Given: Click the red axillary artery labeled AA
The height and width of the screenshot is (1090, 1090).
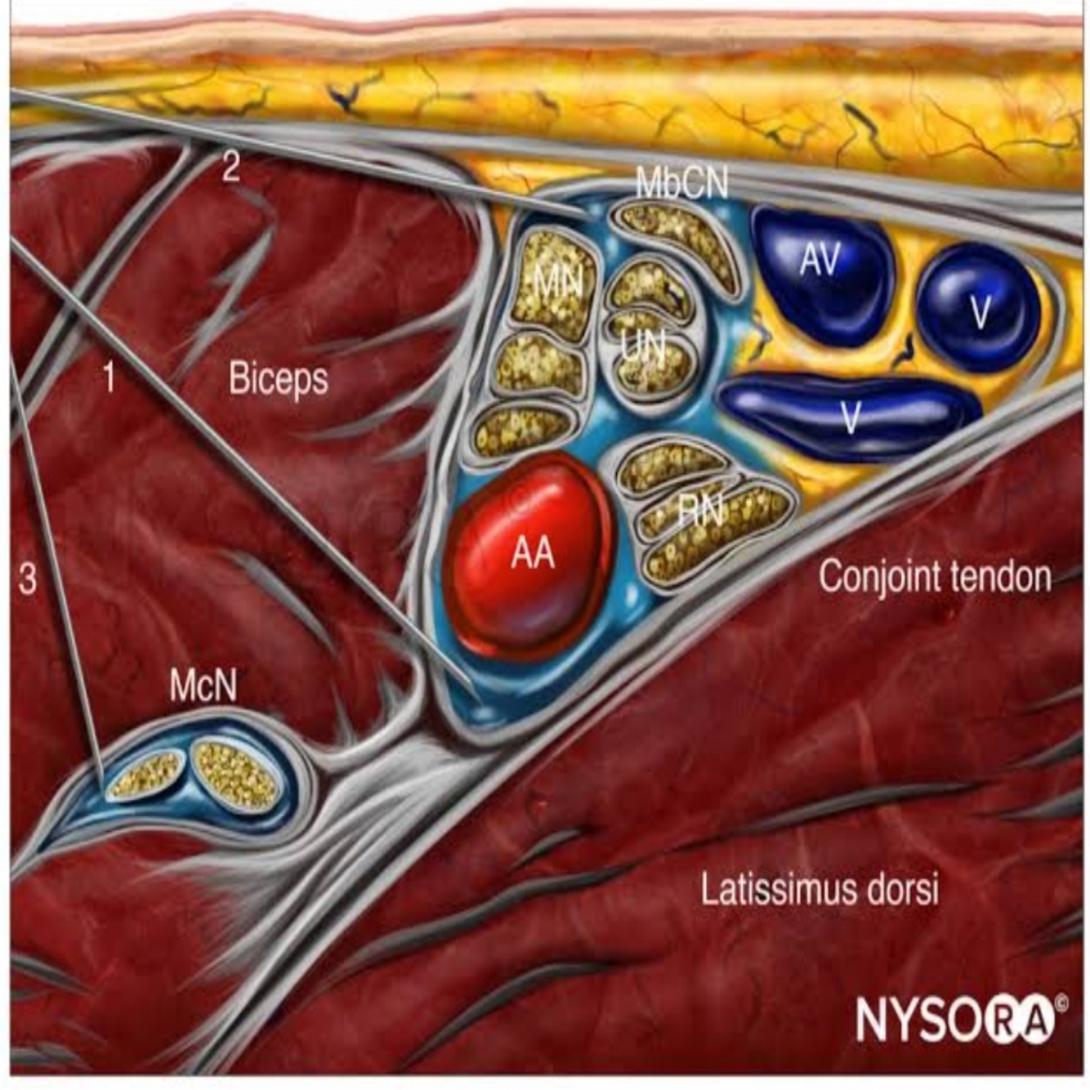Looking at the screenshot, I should [531, 556].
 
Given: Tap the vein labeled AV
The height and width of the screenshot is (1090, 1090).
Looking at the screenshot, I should [820, 261].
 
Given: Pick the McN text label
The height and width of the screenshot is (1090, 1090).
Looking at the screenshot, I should [203, 685].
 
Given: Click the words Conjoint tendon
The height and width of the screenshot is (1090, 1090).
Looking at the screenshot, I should [935, 577].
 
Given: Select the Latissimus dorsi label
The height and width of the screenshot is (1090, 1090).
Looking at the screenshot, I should [820, 888].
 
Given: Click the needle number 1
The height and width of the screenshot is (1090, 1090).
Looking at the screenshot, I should [109, 377].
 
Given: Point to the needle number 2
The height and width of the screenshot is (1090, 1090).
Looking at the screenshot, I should [231, 167].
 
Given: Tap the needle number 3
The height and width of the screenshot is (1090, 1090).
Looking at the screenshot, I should [27, 579].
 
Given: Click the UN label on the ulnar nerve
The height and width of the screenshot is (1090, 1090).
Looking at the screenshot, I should [642, 347].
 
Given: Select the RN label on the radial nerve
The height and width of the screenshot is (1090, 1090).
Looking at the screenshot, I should [700, 511].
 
